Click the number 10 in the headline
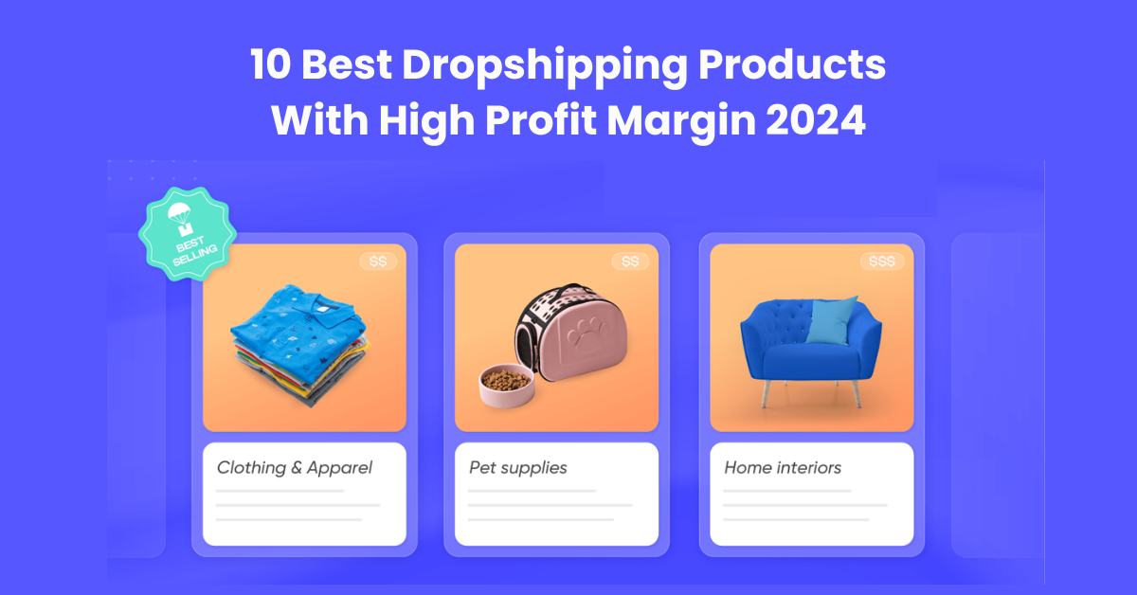[x=271, y=66]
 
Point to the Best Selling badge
[x=187, y=233]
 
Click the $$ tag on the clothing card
[x=378, y=261]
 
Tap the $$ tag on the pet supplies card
[x=630, y=261]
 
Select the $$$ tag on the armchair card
[x=881, y=261]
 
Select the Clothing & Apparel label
[x=295, y=467]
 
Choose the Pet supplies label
[x=517, y=467]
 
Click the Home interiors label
[x=783, y=467]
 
